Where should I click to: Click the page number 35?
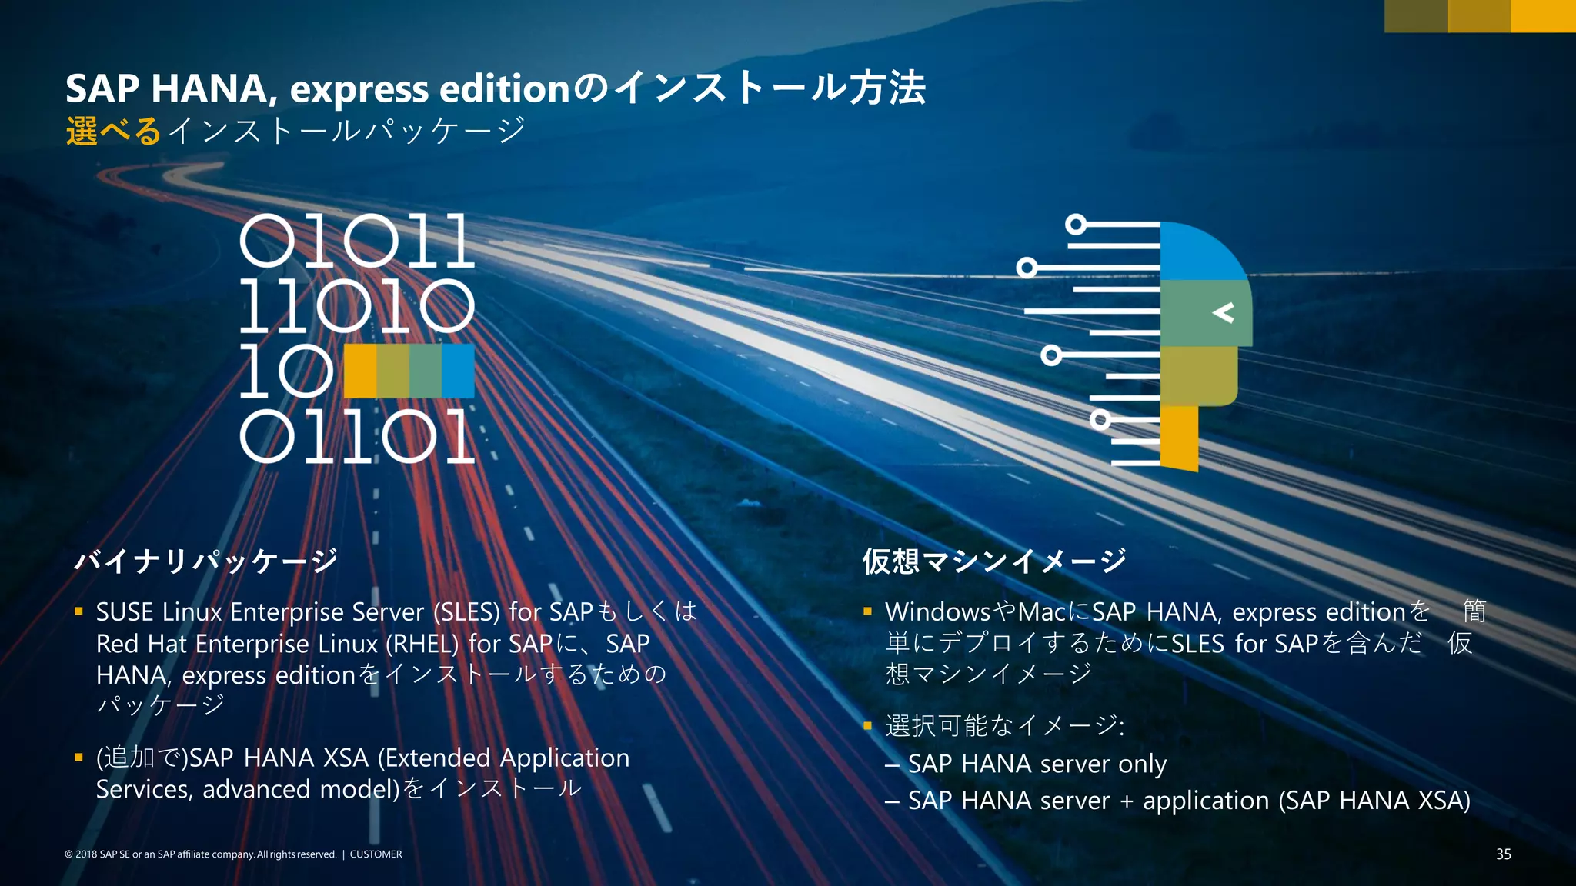(x=1503, y=854)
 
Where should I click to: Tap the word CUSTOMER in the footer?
(x=376, y=854)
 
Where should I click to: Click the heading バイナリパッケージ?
(x=206, y=561)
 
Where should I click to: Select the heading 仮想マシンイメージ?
(x=994, y=561)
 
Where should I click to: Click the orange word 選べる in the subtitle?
(x=113, y=131)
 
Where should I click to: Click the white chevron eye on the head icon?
(x=1223, y=312)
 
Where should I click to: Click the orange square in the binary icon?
(x=360, y=370)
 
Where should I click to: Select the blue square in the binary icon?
(x=458, y=370)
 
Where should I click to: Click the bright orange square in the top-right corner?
(x=1543, y=16)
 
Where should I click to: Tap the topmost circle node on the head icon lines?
(x=1076, y=225)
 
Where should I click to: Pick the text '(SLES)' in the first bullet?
(x=466, y=612)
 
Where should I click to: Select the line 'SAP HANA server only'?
(x=1037, y=764)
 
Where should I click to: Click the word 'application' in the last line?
(x=1205, y=801)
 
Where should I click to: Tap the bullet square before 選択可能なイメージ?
(x=868, y=725)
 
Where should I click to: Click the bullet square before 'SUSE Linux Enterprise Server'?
(x=78, y=611)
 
